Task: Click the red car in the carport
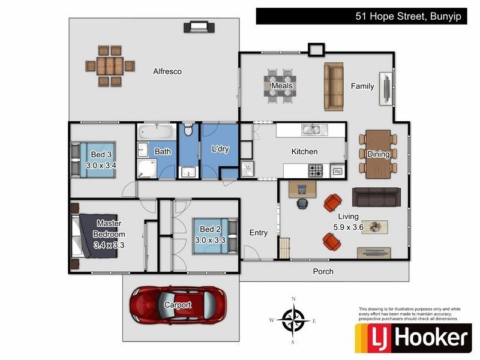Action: click(x=178, y=305)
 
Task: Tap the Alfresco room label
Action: click(x=167, y=71)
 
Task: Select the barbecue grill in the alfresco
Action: click(x=199, y=27)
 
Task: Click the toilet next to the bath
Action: click(x=188, y=130)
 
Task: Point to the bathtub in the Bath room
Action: click(x=157, y=131)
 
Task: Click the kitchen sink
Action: click(x=311, y=130)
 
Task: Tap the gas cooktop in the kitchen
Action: click(x=316, y=171)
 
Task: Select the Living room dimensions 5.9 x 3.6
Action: click(x=348, y=227)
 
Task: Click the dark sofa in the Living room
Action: click(x=376, y=197)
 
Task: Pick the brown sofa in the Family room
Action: click(x=334, y=86)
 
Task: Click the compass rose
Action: click(x=293, y=320)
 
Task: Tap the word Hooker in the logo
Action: click(x=431, y=337)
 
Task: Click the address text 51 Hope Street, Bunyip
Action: click(x=408, y=16)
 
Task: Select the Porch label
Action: click(x=323, y=272)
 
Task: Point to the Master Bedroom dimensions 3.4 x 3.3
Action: click(x=109, y=245)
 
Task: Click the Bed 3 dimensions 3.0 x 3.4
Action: click(x=101, y=166)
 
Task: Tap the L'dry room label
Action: click(x=220, y=149)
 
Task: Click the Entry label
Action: click(x=259, y=233)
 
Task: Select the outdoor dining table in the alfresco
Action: click(x=110, y=66)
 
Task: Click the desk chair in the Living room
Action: click(x=302, y=203)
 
